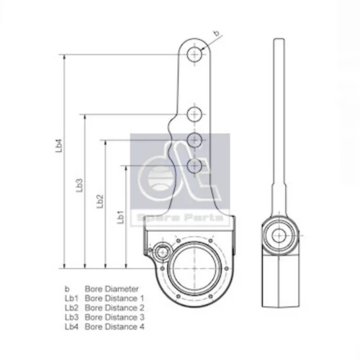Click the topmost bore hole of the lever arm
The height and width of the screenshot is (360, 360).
coord(194,55)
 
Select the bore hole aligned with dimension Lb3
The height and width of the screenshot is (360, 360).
coord(194,114)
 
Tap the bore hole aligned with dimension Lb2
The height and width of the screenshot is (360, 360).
coord(194,140)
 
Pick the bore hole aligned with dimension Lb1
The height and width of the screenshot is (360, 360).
coord(194,166)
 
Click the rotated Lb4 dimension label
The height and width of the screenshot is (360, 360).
coord(59,145)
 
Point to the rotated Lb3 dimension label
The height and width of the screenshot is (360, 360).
coord(79,185)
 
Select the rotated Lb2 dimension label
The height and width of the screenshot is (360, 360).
coord(100,201)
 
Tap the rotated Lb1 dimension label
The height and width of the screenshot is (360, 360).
coord(120,217)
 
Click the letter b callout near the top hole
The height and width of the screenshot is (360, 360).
coord(217,33)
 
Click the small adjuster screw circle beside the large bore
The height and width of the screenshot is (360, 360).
coord(162,252)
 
